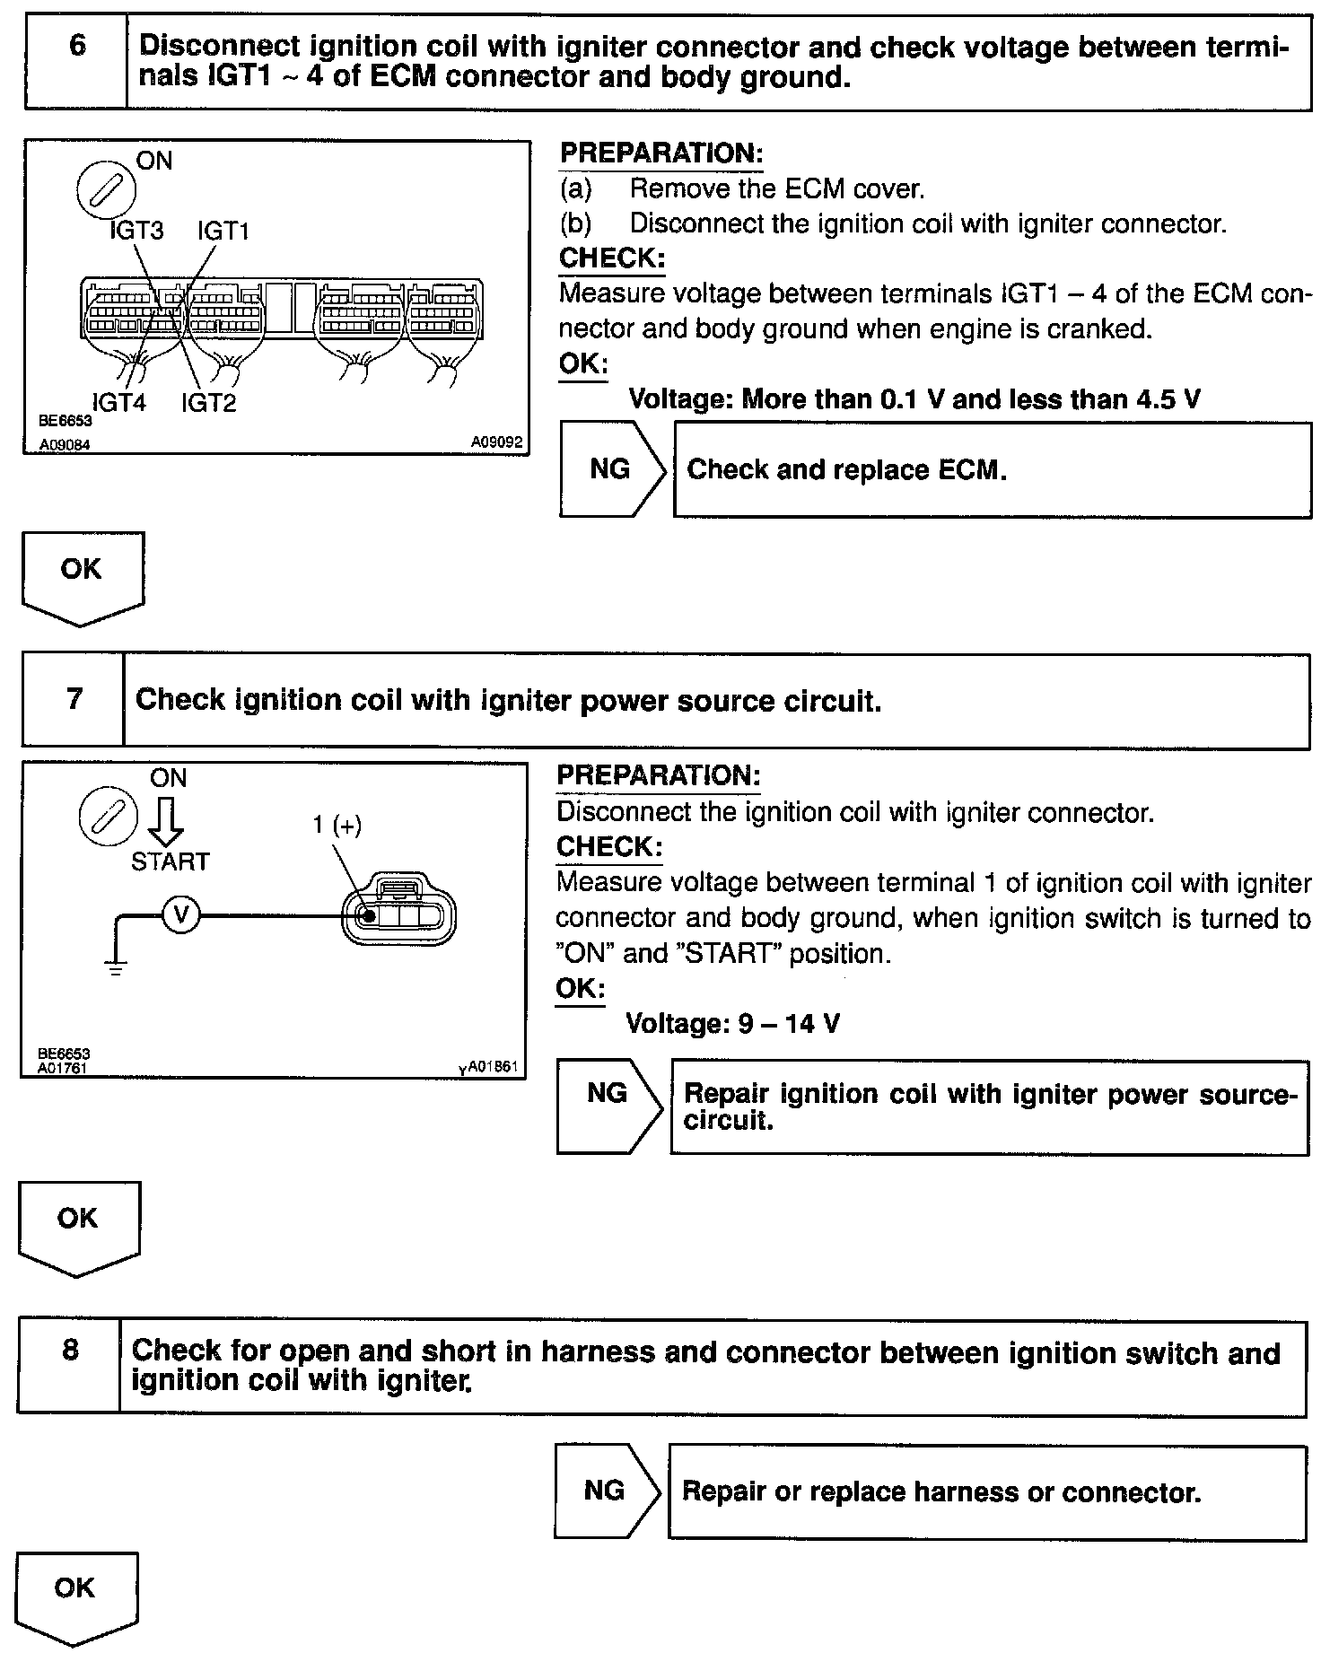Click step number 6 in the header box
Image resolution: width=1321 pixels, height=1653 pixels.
77,46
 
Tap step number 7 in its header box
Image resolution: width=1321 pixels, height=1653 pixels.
74,699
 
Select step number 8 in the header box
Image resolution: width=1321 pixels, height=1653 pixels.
71,1350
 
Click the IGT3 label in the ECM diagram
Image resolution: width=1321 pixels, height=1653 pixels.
136,231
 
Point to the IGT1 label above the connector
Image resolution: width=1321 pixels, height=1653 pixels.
223,231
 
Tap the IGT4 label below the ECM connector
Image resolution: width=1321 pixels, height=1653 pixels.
118,402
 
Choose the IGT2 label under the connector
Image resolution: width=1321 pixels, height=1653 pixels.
208,402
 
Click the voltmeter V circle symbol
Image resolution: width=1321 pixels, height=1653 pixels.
181,914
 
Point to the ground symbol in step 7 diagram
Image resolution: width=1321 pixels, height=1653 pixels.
116,967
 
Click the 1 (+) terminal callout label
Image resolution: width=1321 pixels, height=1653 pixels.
337,825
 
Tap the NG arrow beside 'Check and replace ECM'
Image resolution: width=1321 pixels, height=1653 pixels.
612,469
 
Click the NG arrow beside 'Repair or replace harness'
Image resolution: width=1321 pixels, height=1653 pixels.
607,1491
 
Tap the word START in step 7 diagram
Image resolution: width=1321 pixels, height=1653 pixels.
170,861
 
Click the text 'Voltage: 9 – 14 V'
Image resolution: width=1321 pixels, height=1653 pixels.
732,1023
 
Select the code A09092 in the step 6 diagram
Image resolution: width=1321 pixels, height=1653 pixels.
496,442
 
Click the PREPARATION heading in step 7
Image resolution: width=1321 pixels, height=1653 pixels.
658,775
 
